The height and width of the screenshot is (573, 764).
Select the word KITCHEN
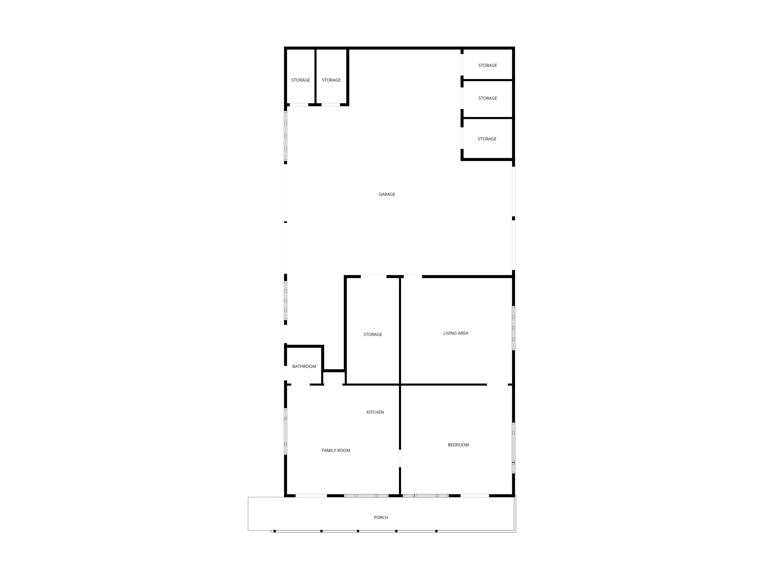pos(375,412)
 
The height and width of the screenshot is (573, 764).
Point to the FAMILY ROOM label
pos(336,450)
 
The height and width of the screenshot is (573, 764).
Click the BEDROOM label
pos(458,445)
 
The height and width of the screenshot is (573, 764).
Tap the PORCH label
pos(381,517)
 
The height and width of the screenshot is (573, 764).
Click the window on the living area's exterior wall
pos(514,328)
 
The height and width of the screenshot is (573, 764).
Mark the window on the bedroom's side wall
pos(514,448)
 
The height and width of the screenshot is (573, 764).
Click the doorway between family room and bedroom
pos(400,458)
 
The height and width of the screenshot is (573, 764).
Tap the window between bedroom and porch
pos(426,496)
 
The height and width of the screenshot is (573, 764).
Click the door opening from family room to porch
pos(311,496)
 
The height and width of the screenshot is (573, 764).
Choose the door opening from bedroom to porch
pos(475,496)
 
